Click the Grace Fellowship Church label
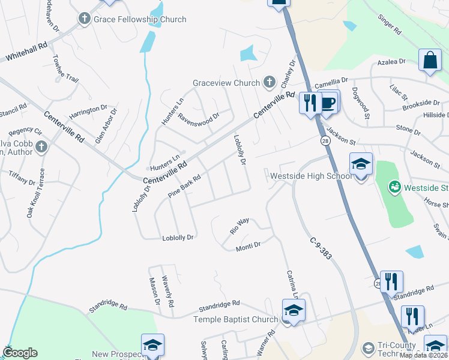click(x=140, y=19)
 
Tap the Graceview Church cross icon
click(x=270, y=83)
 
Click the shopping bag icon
click(x=430, y=61)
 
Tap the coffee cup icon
click(x=328, y=102)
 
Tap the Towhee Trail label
click(x=65, y=68)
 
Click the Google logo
click(x=20, y=353)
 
